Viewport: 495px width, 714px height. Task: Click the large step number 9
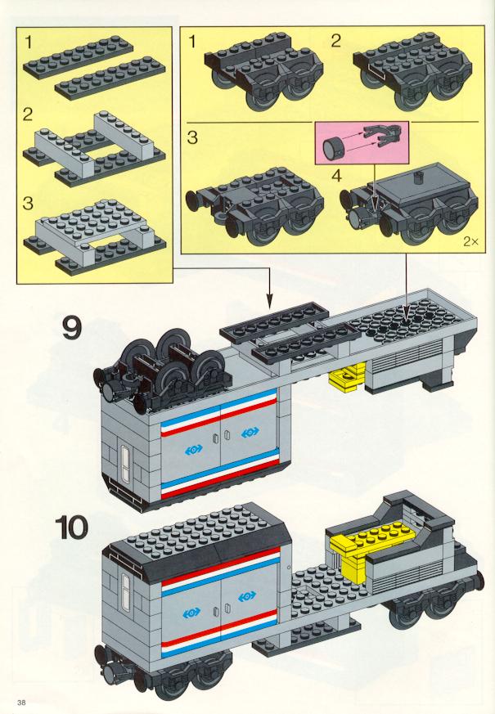71,328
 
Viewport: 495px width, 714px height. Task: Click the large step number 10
71,528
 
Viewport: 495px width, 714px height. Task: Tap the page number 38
21,702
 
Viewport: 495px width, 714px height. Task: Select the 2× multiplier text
471,242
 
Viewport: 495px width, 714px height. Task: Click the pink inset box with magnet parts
362,142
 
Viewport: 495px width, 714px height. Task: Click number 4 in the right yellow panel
336,175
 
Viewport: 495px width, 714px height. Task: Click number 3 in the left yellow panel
29,203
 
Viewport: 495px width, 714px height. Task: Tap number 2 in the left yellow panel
28,115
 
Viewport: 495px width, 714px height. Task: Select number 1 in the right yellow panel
192,42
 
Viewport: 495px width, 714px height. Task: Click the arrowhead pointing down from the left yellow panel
269,302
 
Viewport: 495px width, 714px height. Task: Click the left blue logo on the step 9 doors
194,450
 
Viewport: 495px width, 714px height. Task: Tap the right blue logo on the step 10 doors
247,595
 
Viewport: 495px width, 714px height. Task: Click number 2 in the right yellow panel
335,42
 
